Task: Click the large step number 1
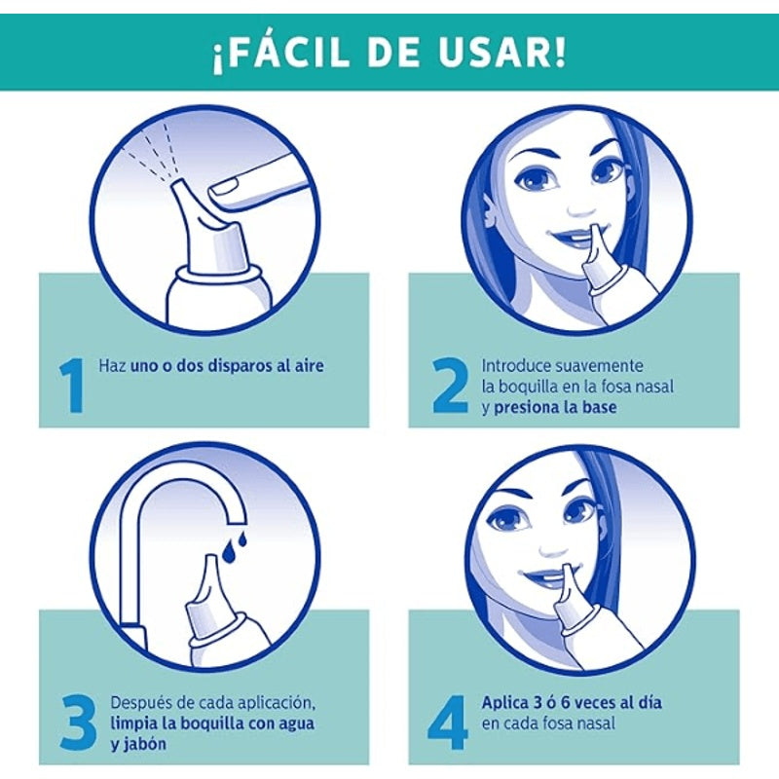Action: (x=72, y=386)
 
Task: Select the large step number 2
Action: (x=450, y=386)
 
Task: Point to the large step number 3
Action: (x=79, y=723)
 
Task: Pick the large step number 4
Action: (x=448, y=723)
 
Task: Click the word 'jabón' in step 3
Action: (x=138, y=744)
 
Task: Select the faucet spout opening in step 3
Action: (x=236, y=519)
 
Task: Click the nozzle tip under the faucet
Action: (x=211, y=558)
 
